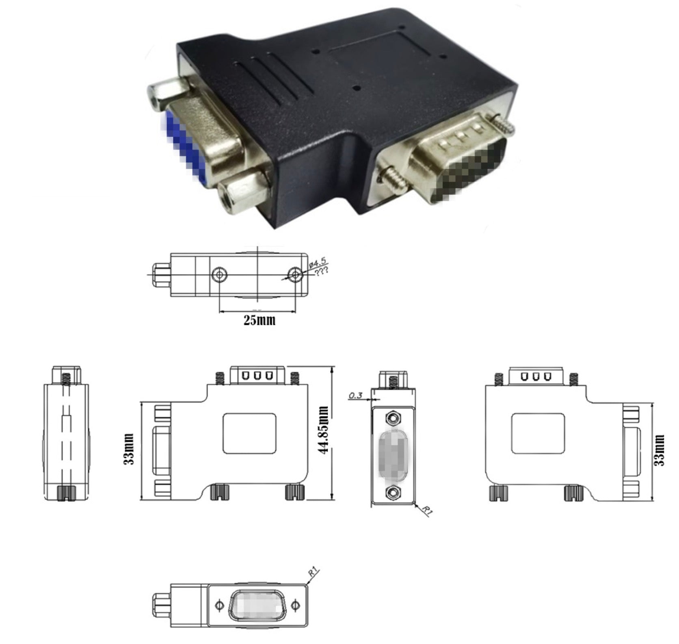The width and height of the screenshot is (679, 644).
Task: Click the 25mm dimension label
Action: point(259,320)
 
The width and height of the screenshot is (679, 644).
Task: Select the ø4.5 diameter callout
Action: point(317,262)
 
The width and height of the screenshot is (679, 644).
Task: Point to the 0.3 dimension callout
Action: point(355,395)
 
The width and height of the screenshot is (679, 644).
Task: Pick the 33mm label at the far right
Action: point(660,450)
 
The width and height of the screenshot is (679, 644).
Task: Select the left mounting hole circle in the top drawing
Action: point(219,274)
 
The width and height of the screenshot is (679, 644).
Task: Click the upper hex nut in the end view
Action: point(393,418)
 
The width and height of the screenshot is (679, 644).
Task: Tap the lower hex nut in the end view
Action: point(393,493)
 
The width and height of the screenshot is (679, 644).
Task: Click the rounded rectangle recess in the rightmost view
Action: point(538,433)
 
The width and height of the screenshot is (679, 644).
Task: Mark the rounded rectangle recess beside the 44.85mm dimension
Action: point(249,433)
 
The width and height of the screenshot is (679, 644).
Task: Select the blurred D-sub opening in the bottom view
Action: point(257,605)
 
